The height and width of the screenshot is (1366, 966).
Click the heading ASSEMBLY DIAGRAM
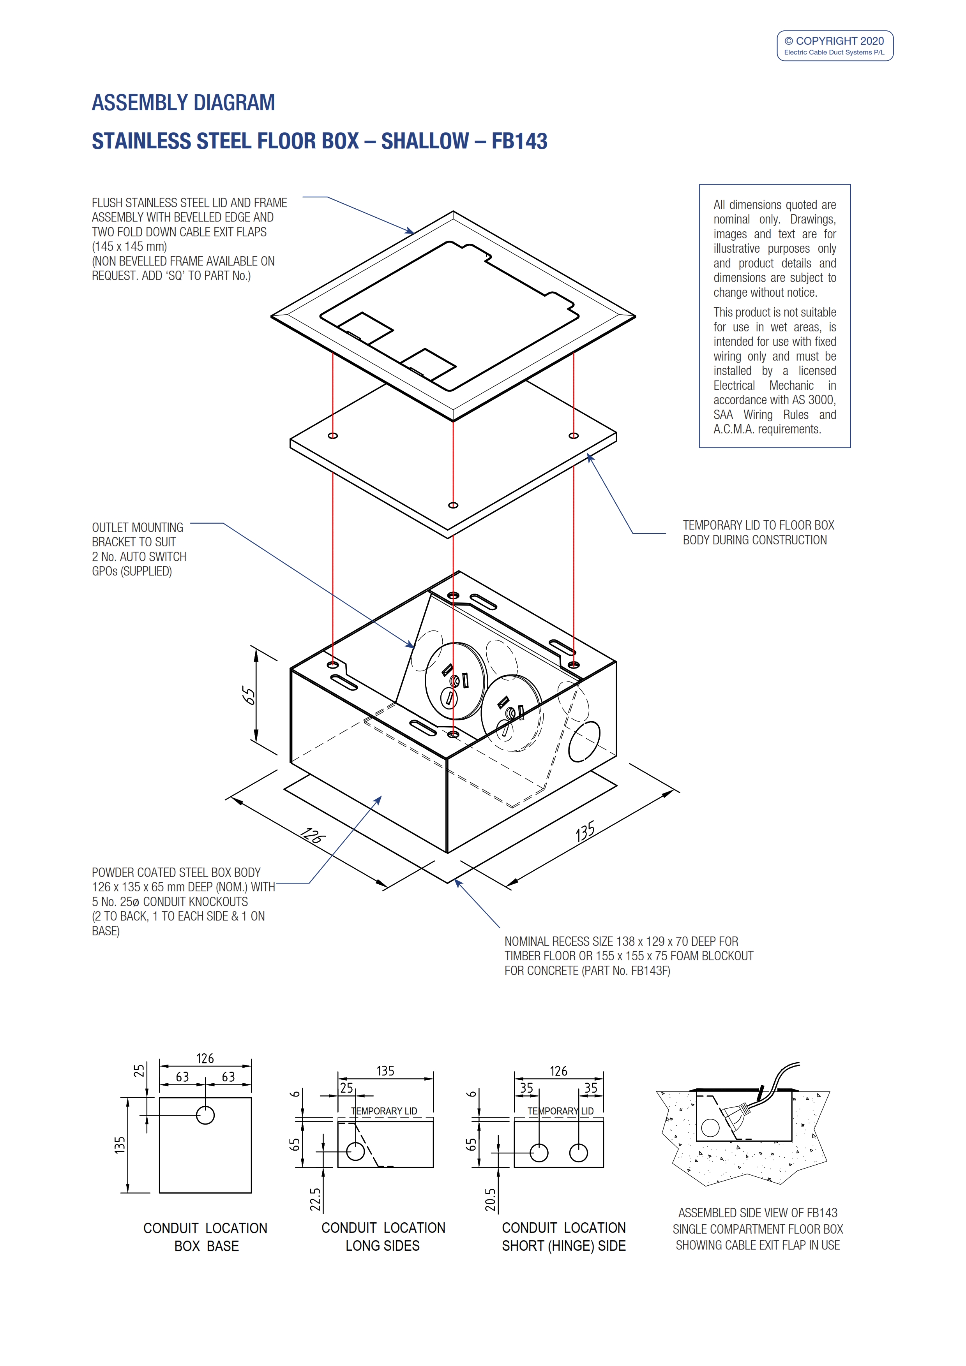[183, 103]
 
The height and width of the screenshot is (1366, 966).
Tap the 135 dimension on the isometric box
[585, 832]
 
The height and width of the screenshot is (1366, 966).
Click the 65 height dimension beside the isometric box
[249, 695]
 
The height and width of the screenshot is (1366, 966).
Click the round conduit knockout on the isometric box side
[584, 741]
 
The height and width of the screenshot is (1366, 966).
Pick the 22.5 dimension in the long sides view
[315, 1199]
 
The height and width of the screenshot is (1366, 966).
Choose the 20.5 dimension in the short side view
[490, 1199]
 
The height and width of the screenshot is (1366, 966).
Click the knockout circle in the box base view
[205, 1115]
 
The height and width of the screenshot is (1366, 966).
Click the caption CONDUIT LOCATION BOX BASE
[205, 1237]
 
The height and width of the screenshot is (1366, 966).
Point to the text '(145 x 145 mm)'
[129, 246]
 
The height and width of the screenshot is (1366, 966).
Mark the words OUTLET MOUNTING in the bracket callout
[138, 528]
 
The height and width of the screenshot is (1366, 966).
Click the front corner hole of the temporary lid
[453, 505]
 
